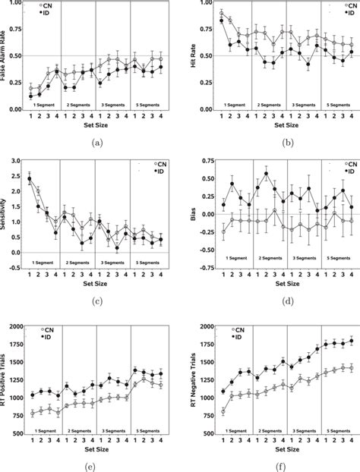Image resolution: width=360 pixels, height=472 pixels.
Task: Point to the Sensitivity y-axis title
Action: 6,215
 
